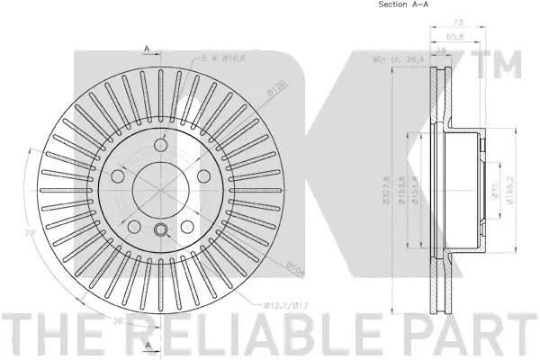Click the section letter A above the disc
(146, 48)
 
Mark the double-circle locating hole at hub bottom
(161, 230)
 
